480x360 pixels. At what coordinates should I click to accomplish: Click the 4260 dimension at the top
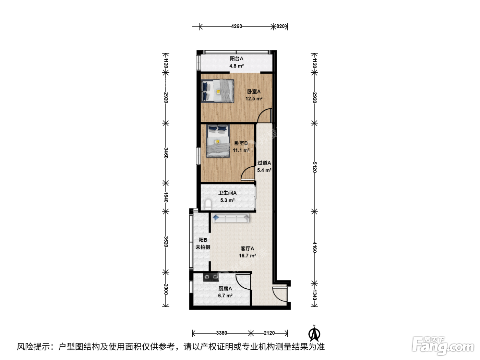click(237, 26)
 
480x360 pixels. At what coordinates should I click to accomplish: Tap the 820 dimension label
click(280, 26)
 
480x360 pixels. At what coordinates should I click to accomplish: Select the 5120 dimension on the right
click(314, 167)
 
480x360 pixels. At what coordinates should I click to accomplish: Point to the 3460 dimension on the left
click(166, 153)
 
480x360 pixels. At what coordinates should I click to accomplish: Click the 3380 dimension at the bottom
click(221, 333)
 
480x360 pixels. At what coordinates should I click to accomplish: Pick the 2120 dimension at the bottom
click(269, 333)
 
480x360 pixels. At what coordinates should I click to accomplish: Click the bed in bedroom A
click(218, 91)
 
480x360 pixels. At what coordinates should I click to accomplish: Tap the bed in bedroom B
click(218, 141)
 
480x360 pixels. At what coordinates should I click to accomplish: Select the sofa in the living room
click(231, 218)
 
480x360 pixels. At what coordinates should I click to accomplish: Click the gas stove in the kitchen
click(211, 277)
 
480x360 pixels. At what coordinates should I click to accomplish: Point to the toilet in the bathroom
click(208, 205)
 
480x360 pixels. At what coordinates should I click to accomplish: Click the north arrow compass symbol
click(314, 333)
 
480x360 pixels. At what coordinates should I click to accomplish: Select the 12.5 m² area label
click(254, 99)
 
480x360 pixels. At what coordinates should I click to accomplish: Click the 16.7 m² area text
click(247, 255)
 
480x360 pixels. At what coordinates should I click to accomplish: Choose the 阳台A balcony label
click(236, 59)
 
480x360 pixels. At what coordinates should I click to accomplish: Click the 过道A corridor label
click(264, 163)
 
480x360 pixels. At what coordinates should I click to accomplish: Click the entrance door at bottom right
click(279, 294)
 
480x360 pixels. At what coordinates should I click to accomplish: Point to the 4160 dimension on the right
click(314, 247)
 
